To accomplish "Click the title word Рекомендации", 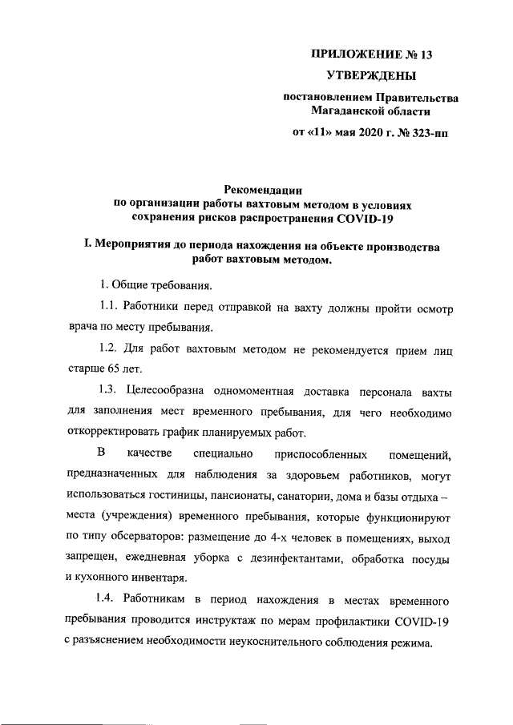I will point(263,191).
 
